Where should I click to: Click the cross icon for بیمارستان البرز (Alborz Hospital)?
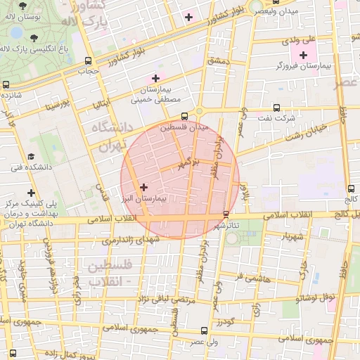point(144,187)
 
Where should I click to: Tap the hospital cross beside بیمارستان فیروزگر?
point(303,55)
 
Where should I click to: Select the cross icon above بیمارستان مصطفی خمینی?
point(155,77)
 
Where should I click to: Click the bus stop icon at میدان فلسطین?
point(184,116)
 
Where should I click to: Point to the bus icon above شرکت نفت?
point(276,108)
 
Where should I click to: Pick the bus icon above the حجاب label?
point(87,60)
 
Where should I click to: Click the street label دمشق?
point(218,62)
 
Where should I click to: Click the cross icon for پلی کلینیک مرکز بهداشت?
point(31,193)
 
